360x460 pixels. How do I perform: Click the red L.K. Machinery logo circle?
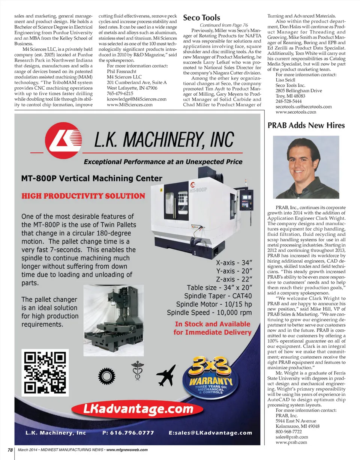coord(64,142)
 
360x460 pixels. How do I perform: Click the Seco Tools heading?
coord(201,18)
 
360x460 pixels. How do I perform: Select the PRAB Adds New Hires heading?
coord(306,125)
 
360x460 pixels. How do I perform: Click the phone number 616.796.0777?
coord(128,433)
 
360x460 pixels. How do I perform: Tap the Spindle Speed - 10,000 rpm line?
coord(209,313)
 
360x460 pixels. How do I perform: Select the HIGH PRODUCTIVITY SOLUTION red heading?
coord(83,196)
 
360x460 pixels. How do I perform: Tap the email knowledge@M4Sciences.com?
coord(136,99)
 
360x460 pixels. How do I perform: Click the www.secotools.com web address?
coord(296,112)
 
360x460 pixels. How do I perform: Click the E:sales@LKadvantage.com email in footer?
coord(211,433)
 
